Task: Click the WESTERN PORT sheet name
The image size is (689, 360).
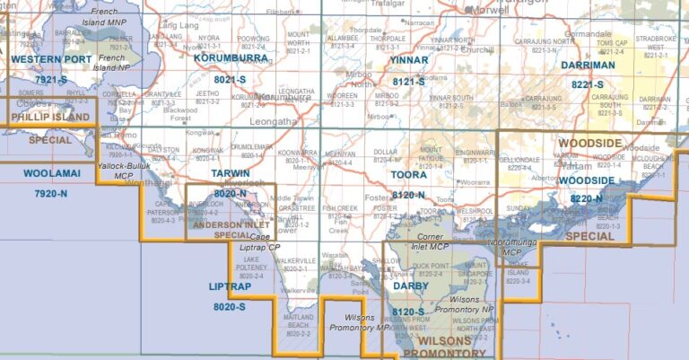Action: [50, 61]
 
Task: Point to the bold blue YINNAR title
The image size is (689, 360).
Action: [409, 60]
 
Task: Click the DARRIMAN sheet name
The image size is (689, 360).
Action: [588, 66]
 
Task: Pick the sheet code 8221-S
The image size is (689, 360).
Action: [589, 84]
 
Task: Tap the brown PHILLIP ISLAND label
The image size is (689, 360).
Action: [49, 117]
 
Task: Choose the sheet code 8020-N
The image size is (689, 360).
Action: [230, 193]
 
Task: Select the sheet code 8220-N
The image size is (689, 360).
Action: [587, 198]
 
